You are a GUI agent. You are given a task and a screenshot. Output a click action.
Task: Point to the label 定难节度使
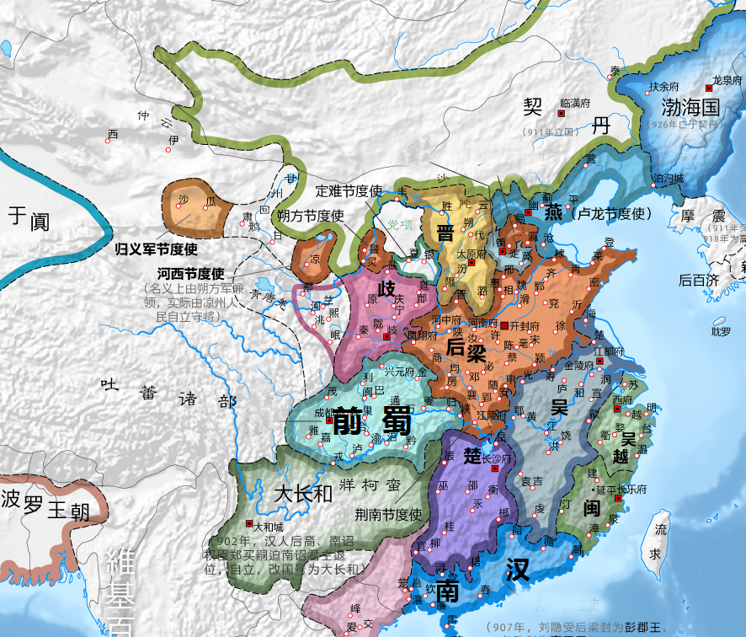(349, 190)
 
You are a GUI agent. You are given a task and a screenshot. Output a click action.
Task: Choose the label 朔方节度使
(311, 216)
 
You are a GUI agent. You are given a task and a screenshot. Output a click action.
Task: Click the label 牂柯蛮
(370, 486)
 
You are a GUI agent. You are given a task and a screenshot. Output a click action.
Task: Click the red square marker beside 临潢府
(560, 113)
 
